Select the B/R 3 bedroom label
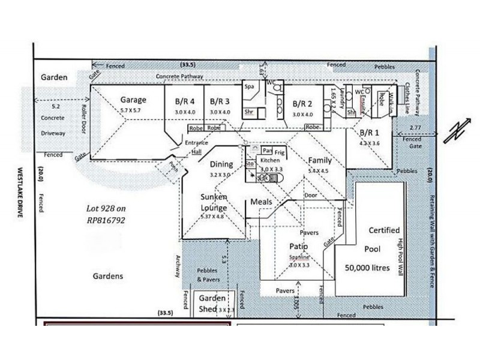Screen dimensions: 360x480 tap(220, 101)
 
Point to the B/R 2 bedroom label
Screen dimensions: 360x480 tap(302, 102)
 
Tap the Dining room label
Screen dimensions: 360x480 tap(221, 164)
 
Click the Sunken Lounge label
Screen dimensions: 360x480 tap(214, 202)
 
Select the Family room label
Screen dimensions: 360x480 tap(320, 160)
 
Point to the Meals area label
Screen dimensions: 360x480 tap(262, 202)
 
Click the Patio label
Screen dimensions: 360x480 tap(298, 247)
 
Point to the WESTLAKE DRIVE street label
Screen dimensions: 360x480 tap(20, 192)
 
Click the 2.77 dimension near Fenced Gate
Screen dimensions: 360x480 tap(414, 128)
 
